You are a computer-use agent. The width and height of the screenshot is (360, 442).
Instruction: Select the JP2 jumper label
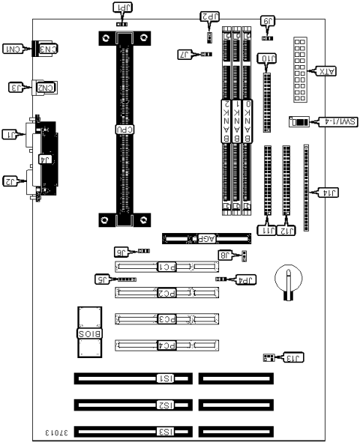(209, 16)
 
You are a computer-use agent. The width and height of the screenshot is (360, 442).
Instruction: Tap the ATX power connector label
(325, 71)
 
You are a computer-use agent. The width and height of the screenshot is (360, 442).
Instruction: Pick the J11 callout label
(268, 231)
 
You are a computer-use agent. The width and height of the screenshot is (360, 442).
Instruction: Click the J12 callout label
(287, 231)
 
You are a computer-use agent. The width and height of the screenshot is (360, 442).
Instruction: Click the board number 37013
(57, 433)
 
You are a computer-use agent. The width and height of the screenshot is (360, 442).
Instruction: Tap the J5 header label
(104, 279)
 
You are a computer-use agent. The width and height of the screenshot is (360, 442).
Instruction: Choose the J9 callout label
(267, 22)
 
